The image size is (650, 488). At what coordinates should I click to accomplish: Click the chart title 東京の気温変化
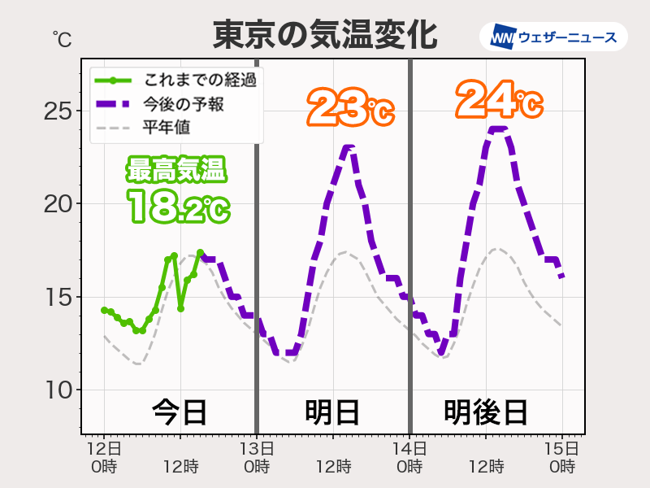tap(325, 35)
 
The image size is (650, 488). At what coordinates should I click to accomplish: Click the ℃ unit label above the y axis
tap(62, 38)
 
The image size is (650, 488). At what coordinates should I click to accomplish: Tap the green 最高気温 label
tap(176, 172)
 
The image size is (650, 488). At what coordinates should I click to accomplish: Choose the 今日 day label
tap(180, 412)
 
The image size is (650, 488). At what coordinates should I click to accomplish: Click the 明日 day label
tap(332, 412)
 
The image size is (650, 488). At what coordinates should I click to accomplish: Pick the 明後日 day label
tap(486, 412)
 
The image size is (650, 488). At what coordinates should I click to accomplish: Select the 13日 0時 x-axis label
tap(257, 457)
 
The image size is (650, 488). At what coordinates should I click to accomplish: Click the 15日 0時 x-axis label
tap(562, 457)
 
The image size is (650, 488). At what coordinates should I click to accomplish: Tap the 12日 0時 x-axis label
tap(104, 457)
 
